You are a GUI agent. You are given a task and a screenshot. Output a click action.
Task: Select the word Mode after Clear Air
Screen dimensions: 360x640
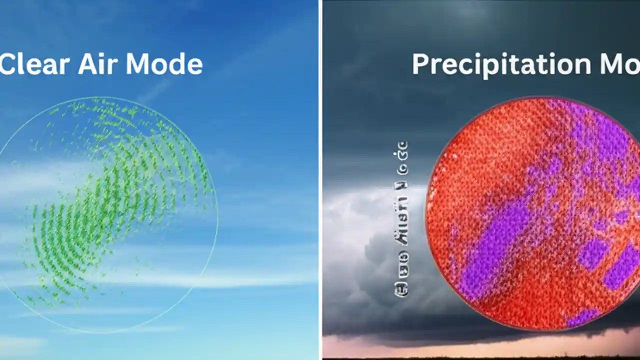[164, 64]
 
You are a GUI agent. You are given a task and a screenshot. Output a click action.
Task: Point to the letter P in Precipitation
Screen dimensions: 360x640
[421, 64]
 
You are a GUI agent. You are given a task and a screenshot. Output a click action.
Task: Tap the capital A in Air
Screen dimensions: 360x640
[86, 64]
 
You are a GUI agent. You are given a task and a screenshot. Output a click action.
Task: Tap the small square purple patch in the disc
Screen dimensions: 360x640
[592, 252]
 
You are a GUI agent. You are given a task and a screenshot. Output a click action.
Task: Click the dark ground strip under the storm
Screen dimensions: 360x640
[480, 357]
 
